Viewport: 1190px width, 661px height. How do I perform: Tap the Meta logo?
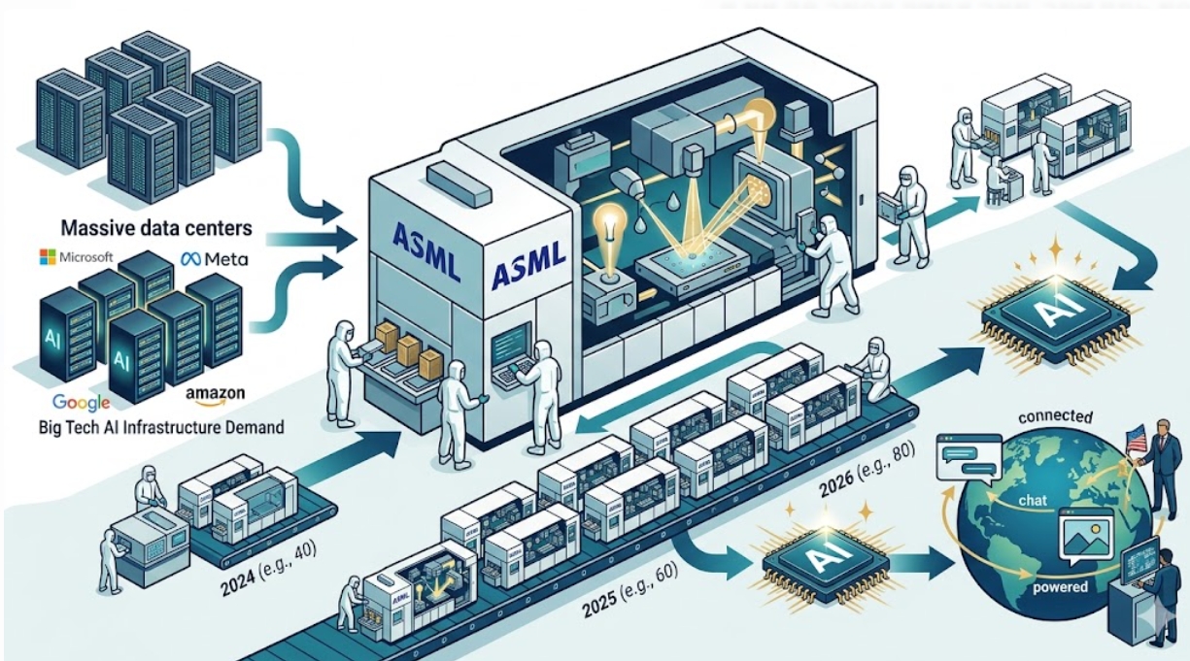(214, 259)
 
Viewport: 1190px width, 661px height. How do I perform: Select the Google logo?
(81, 401)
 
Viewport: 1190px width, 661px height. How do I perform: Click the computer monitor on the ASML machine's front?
(512, 343)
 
